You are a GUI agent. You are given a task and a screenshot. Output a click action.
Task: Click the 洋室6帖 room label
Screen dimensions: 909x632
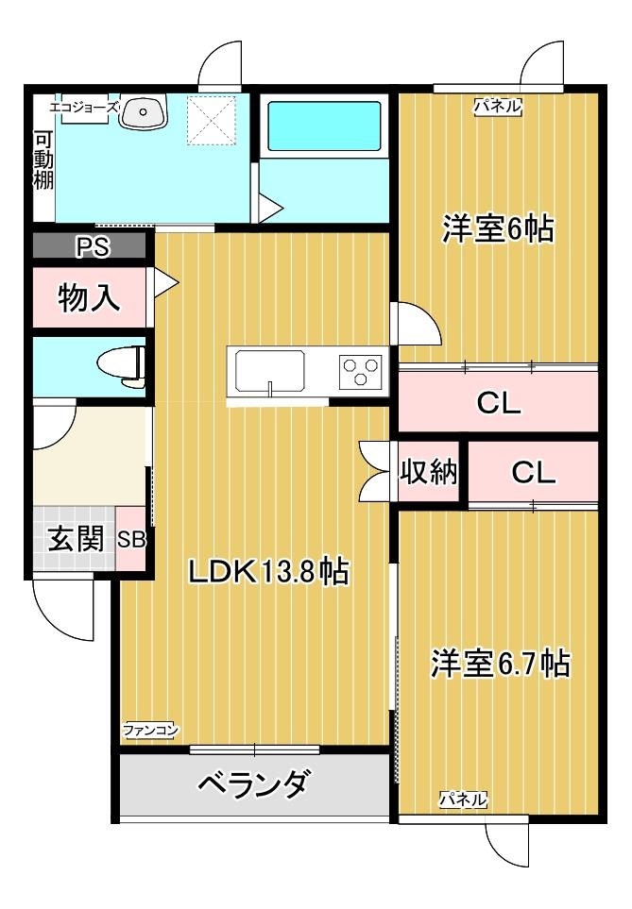click(x=498, y=229)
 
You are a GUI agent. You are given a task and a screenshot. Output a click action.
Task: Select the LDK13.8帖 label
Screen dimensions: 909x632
click(x=268, y=571)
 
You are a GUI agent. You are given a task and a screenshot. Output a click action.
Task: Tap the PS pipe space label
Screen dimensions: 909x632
click(x=92, y=247)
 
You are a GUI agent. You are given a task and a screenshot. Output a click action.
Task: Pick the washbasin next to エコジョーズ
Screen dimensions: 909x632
click(x=144, y=109)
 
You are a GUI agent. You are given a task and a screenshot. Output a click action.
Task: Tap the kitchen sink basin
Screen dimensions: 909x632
click(x=270, y=370)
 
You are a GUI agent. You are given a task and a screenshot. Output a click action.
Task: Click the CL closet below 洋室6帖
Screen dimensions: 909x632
click(x=498, y=403)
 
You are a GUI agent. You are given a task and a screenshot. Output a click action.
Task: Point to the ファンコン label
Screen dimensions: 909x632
click(x=150, y=730)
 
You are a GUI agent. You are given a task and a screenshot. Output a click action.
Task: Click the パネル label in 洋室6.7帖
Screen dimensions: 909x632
click(x=463, y=800)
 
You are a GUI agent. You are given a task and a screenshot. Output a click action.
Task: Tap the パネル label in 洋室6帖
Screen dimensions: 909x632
click(x=498, y=107)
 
